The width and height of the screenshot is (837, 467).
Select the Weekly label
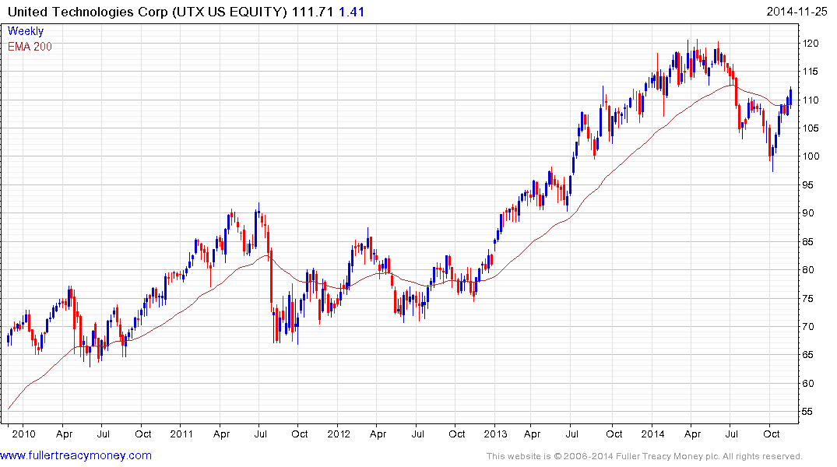click(26, 31)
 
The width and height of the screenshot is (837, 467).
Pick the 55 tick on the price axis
click(811, 412)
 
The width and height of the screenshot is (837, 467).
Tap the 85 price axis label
click(811, 242)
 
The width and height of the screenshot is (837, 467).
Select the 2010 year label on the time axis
click(23, 434)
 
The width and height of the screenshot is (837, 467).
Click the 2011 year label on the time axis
click(181, 434)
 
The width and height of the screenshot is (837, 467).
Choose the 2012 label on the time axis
click(339, 434)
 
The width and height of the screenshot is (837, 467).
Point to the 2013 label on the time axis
click(496, 434)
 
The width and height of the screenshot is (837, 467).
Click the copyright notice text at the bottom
click(644, 456)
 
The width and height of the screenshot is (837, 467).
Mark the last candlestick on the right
click(790, 96)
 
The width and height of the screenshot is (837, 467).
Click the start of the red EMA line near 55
click(9, 409)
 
